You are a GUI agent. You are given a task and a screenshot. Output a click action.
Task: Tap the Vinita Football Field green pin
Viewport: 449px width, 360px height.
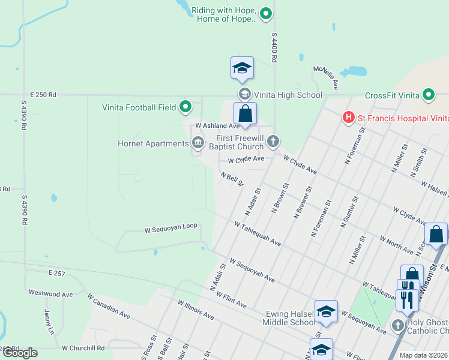point(186,107)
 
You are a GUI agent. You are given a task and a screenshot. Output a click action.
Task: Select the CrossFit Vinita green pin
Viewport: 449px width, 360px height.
point(428,95)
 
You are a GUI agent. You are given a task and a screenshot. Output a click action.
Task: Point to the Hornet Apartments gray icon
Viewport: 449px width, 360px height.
point(197,143)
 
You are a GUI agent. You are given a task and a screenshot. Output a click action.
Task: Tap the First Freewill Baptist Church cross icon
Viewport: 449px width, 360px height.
point(273,142)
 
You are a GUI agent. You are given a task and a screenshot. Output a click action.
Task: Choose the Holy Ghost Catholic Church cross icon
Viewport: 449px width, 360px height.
point(398,325)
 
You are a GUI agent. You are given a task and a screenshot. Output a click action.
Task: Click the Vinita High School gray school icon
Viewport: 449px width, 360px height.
point(244,94)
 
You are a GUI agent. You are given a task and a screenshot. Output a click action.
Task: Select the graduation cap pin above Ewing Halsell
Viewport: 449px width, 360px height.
point(326,311)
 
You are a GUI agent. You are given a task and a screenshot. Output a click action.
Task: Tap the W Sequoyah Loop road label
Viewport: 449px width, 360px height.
point(170,229)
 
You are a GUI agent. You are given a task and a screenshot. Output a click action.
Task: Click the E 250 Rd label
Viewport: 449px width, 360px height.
point(43,95)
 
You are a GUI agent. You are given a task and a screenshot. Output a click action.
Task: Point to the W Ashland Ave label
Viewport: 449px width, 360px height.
point(217,125)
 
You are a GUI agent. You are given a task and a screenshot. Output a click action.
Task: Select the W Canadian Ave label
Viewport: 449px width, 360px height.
point(108,305)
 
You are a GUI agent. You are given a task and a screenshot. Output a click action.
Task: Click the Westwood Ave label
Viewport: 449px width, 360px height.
point(50,293)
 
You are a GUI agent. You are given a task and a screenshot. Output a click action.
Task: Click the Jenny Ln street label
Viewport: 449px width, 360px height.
point(49,322)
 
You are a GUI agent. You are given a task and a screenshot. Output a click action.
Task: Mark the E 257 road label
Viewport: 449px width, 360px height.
point(56,273)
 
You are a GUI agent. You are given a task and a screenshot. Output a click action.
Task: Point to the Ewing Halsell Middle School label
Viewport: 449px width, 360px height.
point(288,317)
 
